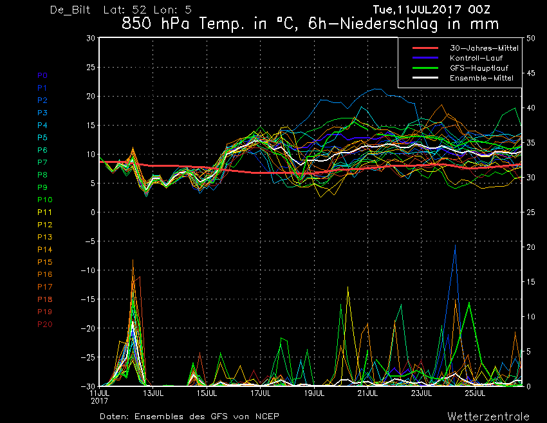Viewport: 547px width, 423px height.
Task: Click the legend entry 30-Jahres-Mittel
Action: pos(484,48)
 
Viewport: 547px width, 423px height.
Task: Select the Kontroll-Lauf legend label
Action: pos(476,58)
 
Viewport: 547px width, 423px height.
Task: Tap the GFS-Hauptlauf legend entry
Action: pos(479,68)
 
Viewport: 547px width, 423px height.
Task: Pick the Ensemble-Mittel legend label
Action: pos(481,78)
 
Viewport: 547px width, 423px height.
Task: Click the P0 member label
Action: pos(42,75)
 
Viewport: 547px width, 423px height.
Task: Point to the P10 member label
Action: pos(45,200)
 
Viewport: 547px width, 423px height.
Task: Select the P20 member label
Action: pos(45,324)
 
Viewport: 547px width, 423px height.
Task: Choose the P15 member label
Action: pos(45,262)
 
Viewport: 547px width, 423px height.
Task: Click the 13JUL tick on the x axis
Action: pos(153,393)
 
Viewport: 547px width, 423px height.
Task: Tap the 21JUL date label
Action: pos(367,393)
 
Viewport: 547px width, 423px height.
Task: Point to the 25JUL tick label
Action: pos(475,393)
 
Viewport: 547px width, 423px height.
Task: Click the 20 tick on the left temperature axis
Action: pos(91,97)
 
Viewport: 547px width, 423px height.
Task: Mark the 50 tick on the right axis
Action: pos(531,38)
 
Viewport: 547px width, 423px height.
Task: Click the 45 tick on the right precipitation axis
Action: pos(531,73)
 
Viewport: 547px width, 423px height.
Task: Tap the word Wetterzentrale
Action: pos(488,417)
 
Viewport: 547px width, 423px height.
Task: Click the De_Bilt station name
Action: pos(70,10)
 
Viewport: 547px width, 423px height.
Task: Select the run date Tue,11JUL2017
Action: pos(417,10)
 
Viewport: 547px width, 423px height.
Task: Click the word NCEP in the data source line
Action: pos(267,417)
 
